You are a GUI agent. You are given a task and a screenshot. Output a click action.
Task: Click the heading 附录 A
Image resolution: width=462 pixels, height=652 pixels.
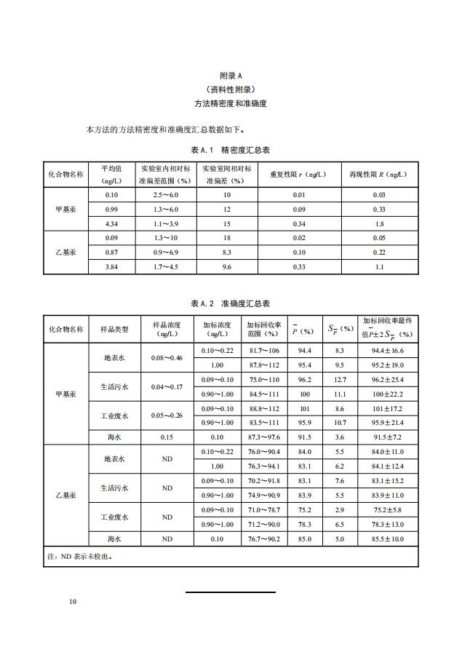coord(230,76)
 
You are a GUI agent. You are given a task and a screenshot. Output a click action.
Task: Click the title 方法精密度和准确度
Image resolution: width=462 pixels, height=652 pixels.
coord(230,104)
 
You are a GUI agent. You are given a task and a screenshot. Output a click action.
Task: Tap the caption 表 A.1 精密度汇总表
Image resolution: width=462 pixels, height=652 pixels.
coord(230,150)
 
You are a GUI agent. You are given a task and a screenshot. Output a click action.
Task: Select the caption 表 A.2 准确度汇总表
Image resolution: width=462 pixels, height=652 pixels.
coord(230,303)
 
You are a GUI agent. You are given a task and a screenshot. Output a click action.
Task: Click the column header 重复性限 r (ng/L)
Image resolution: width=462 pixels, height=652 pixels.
coord(298,175)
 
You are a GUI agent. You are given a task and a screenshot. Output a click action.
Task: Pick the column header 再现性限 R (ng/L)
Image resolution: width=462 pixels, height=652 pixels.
coord(378,175)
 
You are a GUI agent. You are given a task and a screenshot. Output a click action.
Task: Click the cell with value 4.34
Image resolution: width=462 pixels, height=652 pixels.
coord(111,223)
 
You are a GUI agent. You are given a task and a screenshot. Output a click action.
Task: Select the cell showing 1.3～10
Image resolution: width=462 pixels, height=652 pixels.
coord(165,237)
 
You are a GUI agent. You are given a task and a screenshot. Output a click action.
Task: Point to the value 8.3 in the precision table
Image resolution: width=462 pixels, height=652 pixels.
coord(226,252)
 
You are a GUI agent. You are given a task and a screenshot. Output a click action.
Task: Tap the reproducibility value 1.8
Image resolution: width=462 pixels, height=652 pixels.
coord(378,223)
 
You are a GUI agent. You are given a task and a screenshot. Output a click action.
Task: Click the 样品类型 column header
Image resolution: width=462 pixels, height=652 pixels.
coord(114,330)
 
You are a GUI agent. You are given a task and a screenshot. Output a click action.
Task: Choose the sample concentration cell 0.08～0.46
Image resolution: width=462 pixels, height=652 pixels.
coord(167,358)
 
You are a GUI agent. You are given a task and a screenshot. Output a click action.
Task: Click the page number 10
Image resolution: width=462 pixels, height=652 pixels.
coord(73,602)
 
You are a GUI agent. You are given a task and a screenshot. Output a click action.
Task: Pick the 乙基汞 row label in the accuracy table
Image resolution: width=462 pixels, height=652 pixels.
coord(65,496)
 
